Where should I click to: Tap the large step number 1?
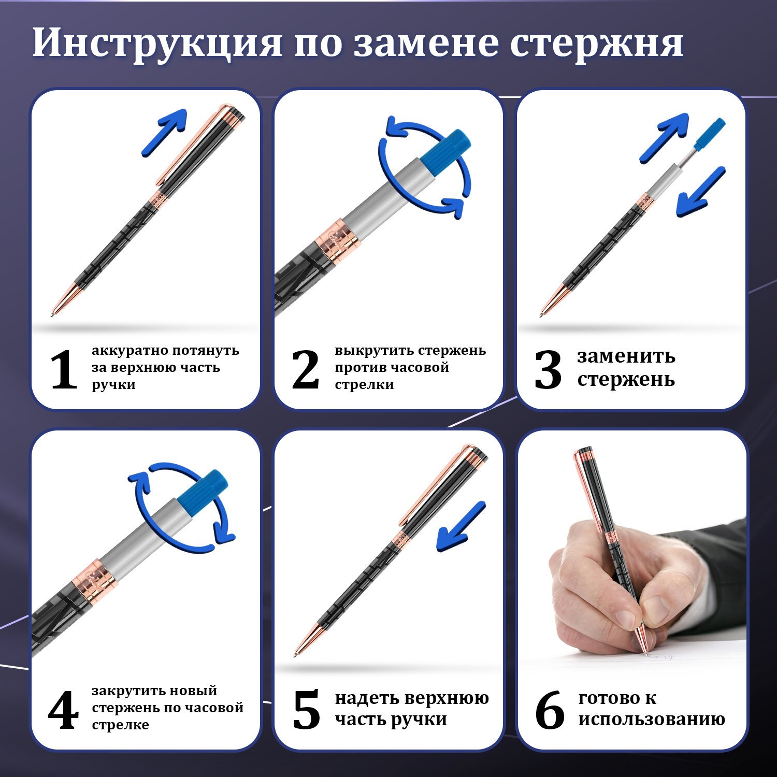[64, 369]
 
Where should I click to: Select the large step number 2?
[305, 369]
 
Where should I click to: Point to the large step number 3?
[548, 369]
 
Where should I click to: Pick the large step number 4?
[63, 710]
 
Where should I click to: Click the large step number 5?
[306, 710]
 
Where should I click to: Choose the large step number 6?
[550, 710]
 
